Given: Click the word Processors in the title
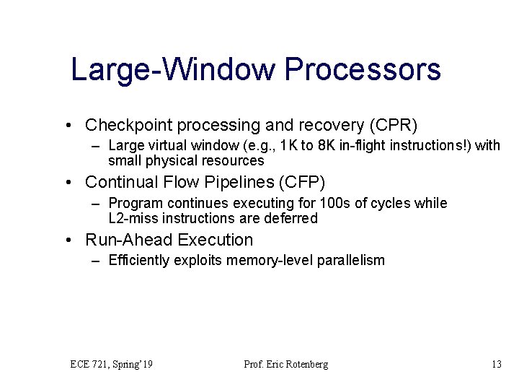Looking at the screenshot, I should click(363, 70).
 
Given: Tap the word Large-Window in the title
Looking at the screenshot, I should click(174, 70).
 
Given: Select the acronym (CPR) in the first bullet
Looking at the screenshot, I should click(393, 125).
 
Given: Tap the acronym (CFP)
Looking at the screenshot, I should click(311, 182).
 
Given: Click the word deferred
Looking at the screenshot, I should click(293, 218).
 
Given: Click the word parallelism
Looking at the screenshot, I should click(352, 260).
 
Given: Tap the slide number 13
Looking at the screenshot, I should click(496, 365).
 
